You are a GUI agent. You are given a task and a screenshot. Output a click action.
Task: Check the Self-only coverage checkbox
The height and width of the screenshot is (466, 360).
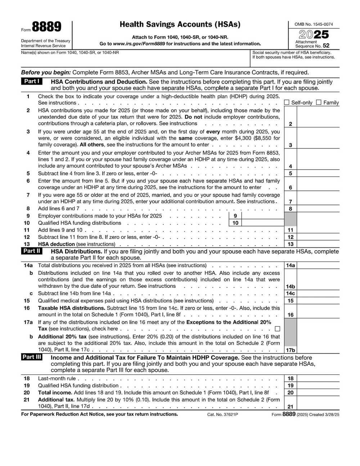click(x=287, y=103)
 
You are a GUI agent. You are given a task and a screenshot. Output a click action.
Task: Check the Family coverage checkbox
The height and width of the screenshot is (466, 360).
click(x=319, y=103)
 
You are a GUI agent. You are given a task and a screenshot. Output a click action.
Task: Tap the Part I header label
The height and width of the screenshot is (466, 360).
click(x=32, y=81)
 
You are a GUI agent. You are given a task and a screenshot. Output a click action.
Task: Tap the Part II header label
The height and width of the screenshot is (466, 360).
click(x=32, y=251)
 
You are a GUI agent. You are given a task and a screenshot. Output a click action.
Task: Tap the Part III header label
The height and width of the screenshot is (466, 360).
click(x=32, y=357)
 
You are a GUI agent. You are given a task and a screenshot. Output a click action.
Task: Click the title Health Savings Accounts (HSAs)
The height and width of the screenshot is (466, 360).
click(x=180, y=24)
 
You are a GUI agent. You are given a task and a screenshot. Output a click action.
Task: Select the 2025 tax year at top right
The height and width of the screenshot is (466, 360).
click(x=314, y=35)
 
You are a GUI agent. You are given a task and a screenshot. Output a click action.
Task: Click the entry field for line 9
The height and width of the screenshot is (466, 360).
click(x=262, y=216)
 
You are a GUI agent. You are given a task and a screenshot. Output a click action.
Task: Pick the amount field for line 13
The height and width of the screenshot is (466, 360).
click(x=318, y=244)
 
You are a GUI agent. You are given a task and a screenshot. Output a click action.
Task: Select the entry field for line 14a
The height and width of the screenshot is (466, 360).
click(x=318, y=265)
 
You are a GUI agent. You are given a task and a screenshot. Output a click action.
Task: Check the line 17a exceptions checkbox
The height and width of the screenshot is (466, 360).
click(x=277, y=329)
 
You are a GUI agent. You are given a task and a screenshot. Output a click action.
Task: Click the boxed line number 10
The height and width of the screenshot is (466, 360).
click(x=235, y=223)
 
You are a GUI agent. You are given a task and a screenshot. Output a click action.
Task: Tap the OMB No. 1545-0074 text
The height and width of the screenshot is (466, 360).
click(x=314, y=24)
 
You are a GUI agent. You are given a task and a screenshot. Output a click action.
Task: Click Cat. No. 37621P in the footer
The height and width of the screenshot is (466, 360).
click(x=222, y=415)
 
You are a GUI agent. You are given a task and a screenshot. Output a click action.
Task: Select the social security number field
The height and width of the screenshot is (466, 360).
click(x=295, y=62)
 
